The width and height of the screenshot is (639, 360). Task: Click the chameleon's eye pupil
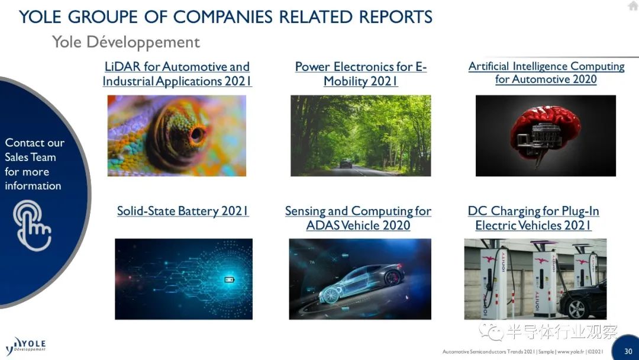click(x=197, y=134)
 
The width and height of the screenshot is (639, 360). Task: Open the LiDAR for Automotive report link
click(x=177, y=74)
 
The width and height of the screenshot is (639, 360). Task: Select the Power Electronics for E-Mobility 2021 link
click(x=361, y=74)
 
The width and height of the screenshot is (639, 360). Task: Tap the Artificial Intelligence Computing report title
click(x=546, y=73)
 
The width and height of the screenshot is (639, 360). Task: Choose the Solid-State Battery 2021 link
click(x=183, y=211)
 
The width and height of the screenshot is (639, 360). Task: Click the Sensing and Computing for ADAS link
click(x=358, y=218)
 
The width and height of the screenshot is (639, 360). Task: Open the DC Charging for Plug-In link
click(x=534, y=218)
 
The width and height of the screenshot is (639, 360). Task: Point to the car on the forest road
click(x=346, y=163)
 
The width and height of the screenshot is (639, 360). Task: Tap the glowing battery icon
click(x=230, y=279)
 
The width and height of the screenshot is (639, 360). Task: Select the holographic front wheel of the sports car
click(x=330, y=294)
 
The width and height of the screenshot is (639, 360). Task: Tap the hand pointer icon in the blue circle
click(x=32, y=226)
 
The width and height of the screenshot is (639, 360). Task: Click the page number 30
click(x=628, y=351)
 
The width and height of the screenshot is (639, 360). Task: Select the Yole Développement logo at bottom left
click(x=25, y=346)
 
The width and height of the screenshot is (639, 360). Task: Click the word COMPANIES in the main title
click(x=223, y=17)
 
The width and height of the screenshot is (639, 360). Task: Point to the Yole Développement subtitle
click(x=126, y=42)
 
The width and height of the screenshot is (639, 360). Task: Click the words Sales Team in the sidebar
click(x=30, y=157)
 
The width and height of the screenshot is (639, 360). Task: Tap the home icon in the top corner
click(x=633, y=6)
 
